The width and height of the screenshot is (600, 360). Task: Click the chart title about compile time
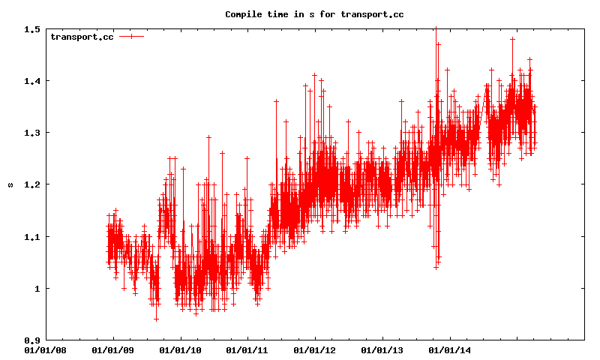pyautogui.click(x=314, y=13)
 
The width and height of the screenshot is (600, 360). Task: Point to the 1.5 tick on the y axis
pyautogui.click(x=32, y=29)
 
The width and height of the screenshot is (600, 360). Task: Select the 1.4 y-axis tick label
pyautogui.click(x=32, y=81)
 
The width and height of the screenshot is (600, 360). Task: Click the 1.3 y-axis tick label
pyautogui.click(x=32, y=133)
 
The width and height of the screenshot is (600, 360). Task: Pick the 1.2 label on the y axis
pyautogui.click(x=32, y=184)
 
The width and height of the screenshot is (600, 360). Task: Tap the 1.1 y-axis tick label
pyautogui.click(x=32, y=237)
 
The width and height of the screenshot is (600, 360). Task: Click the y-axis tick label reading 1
pyautogui.click(x=37, y=289)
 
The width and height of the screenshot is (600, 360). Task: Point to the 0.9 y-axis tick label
pyautogui.click(x=32, y=340)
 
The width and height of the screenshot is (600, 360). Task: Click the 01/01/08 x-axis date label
pyautogui.click(x=46, y=349)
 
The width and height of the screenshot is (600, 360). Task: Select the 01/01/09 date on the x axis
pyautogui.click(x=113, y=349)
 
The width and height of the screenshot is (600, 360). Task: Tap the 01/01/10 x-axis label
pyautogui.click(x=181, y=349)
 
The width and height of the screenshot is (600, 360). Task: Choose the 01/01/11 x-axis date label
pyautogui.click(x=247, y=349)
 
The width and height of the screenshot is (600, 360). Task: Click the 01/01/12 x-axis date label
pyautogui.click(x=315, y=349)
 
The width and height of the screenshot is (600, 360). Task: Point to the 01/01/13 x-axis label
pyautogui.click(x=382, y=349)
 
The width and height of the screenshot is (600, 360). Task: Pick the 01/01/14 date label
pyautogui.click(x=449, y=349)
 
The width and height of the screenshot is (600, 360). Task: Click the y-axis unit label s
pyautogui.click(x=10, y=184)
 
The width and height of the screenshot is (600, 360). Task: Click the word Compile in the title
pyautogui.click(x=243, y=13)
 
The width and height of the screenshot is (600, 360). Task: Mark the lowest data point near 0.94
pyautogui.click(x=156, y=319)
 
